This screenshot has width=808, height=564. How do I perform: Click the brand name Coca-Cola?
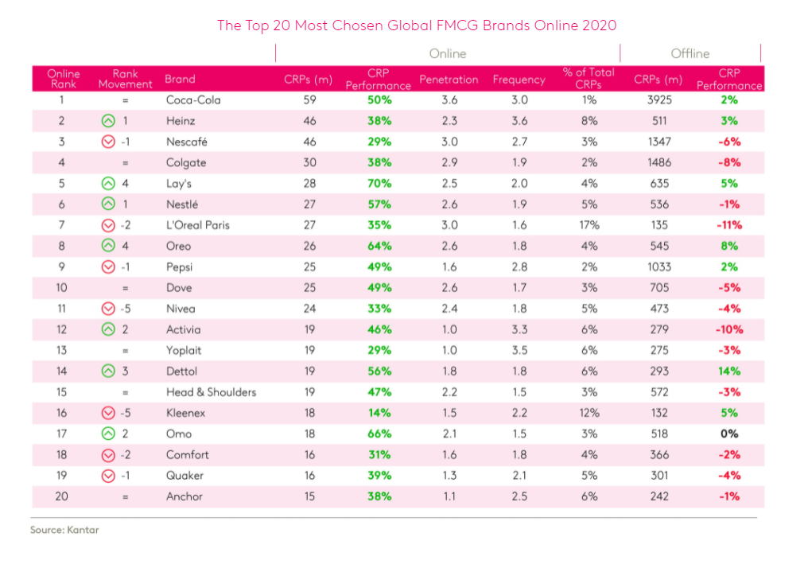point(193,100)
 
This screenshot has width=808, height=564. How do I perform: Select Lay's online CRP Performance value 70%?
point(379,183)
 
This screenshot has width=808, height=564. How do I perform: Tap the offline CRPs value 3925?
point(658,100)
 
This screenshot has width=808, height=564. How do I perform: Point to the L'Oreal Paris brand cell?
point(197,225)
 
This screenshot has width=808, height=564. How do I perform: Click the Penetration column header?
point(449,80)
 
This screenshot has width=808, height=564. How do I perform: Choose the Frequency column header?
point(519,80)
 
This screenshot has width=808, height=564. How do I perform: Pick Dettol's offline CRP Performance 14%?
point(728,371)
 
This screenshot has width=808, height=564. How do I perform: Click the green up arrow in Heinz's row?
point(109,121)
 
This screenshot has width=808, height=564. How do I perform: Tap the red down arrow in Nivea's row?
point(109,309)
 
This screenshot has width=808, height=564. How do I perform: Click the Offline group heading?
point(690,53)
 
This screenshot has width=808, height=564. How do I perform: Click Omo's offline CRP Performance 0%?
point(728,434)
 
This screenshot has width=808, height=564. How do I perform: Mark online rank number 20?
point(62,496)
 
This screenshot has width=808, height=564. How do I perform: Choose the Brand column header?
point(180,80)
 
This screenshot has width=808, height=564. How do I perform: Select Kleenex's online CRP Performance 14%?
point(379,413)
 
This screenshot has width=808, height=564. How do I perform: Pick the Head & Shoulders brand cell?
point(211,392)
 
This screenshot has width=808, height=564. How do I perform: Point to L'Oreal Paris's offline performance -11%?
point(728,225)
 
